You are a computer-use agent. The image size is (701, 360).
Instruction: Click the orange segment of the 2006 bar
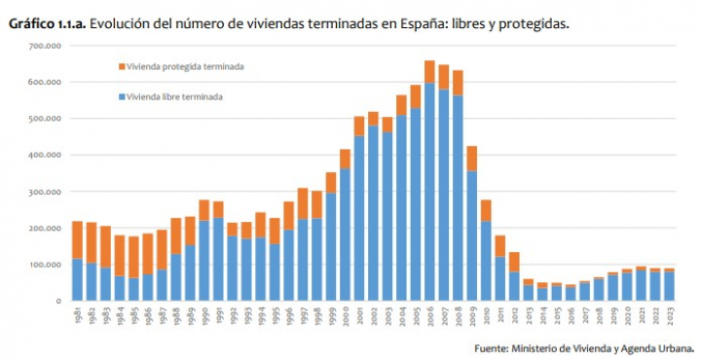click(x=429, y=71)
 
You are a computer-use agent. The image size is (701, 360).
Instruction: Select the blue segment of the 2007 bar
click(x=444, y=195)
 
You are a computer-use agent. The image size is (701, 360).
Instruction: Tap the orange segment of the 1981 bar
click(x=78, y=239)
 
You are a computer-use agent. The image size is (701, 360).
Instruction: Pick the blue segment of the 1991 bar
click(x=218, y=259)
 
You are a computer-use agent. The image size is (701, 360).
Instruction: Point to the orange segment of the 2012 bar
click(x=514, y=262)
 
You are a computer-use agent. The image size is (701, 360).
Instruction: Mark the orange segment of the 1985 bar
click(x=133, y=257)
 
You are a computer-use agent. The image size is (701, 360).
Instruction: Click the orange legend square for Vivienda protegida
click(x=122, y=67)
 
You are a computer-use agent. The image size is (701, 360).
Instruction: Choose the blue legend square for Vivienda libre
click(x=122, y=97)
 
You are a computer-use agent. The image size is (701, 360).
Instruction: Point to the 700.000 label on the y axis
click(x=45, y=46)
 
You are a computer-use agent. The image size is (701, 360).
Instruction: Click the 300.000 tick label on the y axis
click(x=45, y=192)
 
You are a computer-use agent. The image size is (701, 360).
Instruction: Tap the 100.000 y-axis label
click(x=45, y=265)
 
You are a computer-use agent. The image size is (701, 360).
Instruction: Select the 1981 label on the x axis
click(x=78, y=317)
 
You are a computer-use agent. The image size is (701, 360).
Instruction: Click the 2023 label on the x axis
click(x=668, y=317)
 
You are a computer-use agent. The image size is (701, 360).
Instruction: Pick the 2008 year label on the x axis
click(x=458, y=317)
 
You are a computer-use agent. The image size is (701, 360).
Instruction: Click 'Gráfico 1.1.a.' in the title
click(x=46, y=22)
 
